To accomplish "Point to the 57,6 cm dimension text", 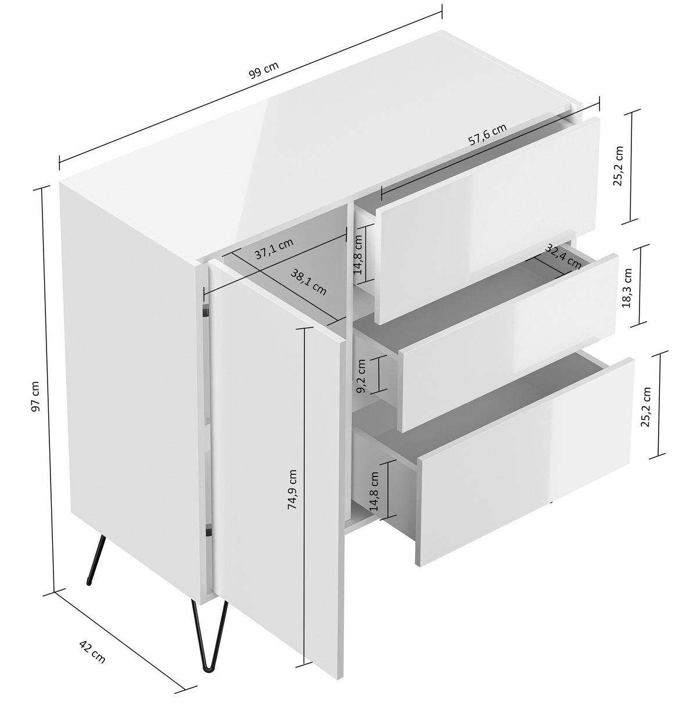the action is (487, 134).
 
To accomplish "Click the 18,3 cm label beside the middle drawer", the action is (627, 288).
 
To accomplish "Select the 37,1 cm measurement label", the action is (274, 249).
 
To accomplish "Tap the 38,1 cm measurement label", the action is (308, 282).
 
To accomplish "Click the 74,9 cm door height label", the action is (292, 489).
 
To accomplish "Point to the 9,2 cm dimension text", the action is (361, 376).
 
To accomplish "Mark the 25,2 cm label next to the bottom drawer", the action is (646, 406).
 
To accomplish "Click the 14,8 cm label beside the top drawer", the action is (358, 254).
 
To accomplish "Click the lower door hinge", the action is (209, 532).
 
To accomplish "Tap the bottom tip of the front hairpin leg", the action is (209, 666).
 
